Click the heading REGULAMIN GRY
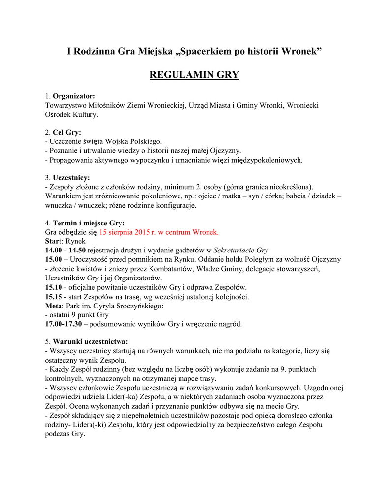tap(194, 75)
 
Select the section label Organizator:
tap(74, 96)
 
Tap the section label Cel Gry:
tap(67, 133)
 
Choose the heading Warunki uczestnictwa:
tap(90, 341)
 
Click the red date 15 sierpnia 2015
tap(129, 232)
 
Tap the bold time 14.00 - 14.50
tap(65, 250)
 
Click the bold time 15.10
tap(54, 287)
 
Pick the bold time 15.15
tap(54, 296)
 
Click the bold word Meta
tap(53, 306)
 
